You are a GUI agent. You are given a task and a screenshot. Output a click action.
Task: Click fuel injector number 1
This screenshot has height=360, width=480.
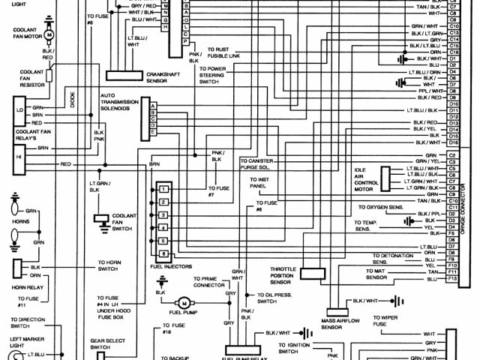163,189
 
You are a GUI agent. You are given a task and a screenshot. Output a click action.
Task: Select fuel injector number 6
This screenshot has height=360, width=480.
163,240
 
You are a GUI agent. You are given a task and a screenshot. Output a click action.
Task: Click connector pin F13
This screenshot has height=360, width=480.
453,279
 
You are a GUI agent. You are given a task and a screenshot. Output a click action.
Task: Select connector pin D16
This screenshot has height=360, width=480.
453,142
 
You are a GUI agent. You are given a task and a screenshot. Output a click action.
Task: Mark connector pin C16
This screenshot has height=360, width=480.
453,52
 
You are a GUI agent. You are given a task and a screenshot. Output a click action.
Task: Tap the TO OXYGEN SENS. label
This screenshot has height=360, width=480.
381,207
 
